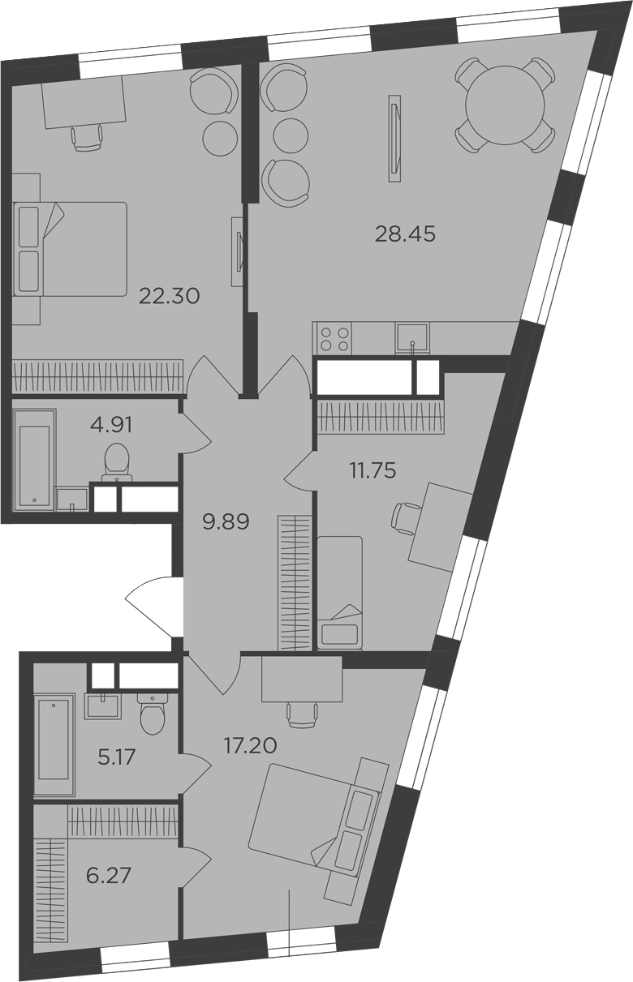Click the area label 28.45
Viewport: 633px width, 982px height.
click(x=405, y=234)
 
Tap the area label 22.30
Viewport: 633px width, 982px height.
click(x=170, y=296)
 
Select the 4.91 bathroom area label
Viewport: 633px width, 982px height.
click(x=111, y=425)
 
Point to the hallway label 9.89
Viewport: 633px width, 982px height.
click(x=226, y=522)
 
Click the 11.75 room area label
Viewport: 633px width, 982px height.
click(x=372, y=471)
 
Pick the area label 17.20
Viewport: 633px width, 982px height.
click(x=251, y=745)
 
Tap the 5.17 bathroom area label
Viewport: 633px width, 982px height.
click(x=117, y=757)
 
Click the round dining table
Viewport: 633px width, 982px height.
click(x=505, y=105)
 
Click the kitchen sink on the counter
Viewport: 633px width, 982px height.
click(x=412, y=338)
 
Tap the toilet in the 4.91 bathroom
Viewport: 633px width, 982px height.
click(x=117, y=462)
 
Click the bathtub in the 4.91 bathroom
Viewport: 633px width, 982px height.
click(x=35, y=460)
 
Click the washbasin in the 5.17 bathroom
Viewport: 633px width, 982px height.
click(x=103, y=705)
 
